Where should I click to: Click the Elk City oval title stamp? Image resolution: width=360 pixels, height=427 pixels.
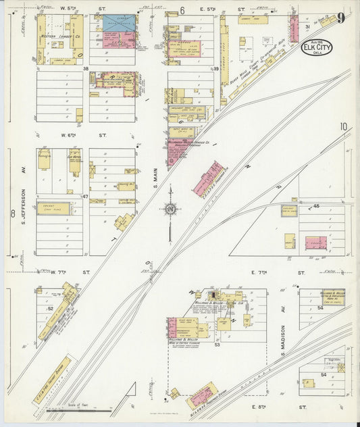(317, 49)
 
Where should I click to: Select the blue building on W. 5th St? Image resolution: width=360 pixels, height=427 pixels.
(118, 22)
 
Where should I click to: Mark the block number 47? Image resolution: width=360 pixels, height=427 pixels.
(86, 197)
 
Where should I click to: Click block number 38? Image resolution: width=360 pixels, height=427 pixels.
(86, 69)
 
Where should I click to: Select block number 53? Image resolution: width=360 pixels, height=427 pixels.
(217, 345)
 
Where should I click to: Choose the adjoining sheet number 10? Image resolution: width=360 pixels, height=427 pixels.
(344, 126)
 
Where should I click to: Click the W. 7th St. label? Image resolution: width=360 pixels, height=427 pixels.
(66, 272)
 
